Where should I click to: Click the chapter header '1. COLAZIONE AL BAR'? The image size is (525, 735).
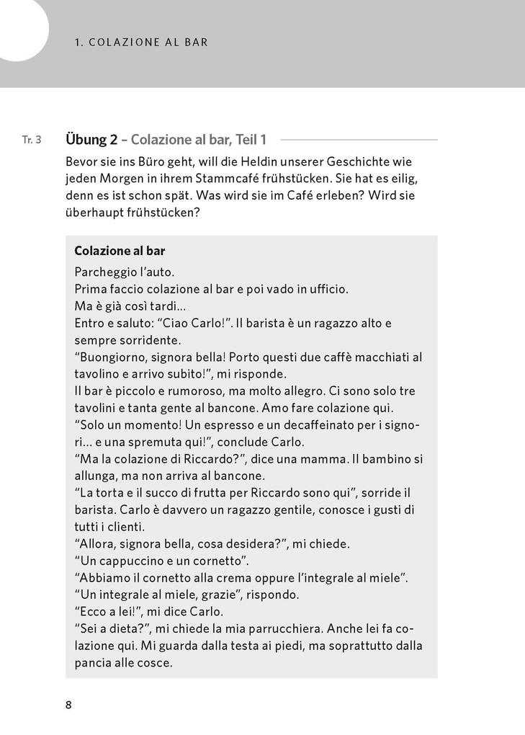(141, 42)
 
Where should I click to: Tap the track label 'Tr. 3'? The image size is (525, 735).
(32, 140)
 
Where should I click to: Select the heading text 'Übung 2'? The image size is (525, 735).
(91, 139)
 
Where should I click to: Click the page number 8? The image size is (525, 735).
(68, 705)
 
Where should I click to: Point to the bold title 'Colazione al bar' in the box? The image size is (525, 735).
(120, 251)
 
